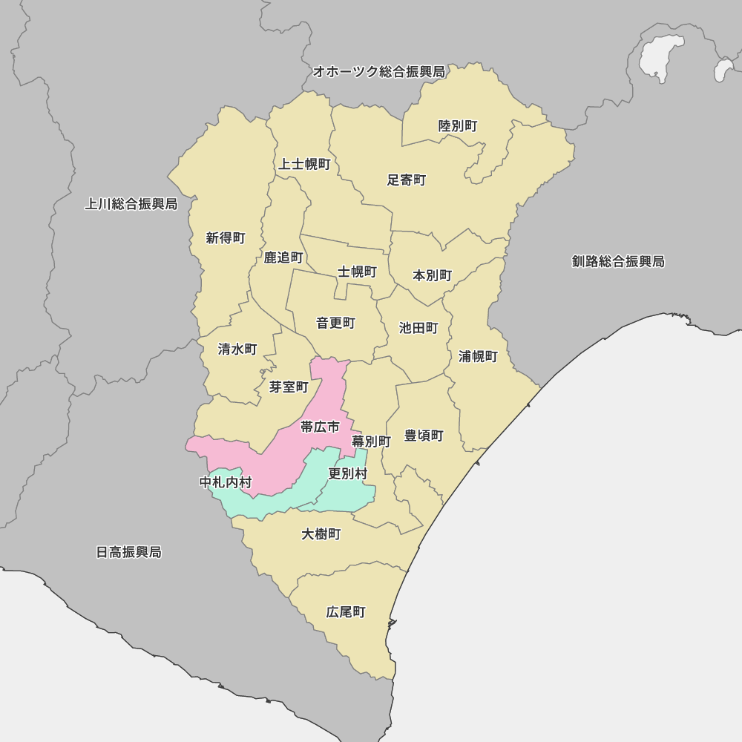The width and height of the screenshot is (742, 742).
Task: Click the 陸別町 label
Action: [458, 126]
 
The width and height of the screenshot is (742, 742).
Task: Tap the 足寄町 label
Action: [407, 180]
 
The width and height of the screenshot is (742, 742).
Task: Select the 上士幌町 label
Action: [304, 164]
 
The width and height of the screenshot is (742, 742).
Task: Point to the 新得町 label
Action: [226, 238]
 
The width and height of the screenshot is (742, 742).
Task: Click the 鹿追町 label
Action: [283, 257]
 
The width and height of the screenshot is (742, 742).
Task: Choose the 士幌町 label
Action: [357, 272]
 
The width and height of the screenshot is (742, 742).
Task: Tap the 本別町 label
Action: [432, 275]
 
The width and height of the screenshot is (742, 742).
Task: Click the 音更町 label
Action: [335, 324]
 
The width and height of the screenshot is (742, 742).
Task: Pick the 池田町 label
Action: [418, 328]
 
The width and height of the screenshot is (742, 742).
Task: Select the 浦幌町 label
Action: [478, 357]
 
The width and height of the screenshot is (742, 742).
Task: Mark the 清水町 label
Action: [237, 349]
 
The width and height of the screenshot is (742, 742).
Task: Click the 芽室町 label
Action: [289, 387]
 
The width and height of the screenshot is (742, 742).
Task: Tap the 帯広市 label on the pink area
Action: [320, 427]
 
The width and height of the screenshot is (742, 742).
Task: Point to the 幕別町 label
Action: [371, 441]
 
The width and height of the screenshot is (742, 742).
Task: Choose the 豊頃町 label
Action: [424, 436]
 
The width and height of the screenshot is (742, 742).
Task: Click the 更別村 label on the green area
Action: [347, 473]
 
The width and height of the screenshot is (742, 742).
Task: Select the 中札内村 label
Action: [226, 482]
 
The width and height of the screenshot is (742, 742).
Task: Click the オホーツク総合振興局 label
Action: [378, 72]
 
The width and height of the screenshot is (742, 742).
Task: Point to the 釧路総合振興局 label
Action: [618, 261]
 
